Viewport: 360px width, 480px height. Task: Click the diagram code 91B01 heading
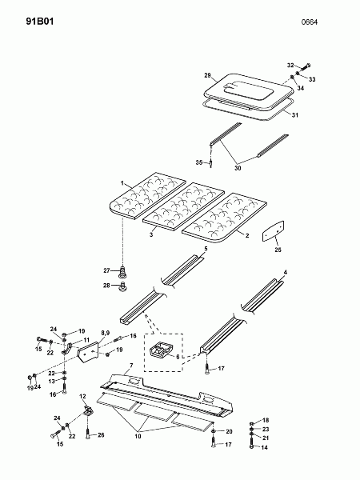point(40,22)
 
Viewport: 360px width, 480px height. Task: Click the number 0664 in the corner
point(310,22)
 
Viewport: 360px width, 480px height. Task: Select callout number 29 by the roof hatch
point(207,75)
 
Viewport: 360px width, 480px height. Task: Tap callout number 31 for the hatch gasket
point(294,115)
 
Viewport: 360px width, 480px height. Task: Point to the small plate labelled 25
point(273,231)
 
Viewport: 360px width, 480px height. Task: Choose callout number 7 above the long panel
point(131,366)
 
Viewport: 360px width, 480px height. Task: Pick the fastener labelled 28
point(123,287)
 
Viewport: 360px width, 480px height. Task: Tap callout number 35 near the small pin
point(199,162)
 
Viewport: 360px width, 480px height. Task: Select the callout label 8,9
point(105,333)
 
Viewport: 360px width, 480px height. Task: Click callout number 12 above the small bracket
point(82,397)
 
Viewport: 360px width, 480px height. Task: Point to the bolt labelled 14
point(252,443)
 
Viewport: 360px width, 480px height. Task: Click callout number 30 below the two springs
point(238,168)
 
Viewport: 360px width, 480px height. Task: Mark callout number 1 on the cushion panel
point(122,183)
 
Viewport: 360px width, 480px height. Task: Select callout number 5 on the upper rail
point(206,249)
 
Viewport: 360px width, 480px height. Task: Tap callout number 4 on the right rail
point(286,272)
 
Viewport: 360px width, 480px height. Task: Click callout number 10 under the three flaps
point(138,436)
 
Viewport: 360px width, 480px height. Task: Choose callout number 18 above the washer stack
point(266,420)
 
